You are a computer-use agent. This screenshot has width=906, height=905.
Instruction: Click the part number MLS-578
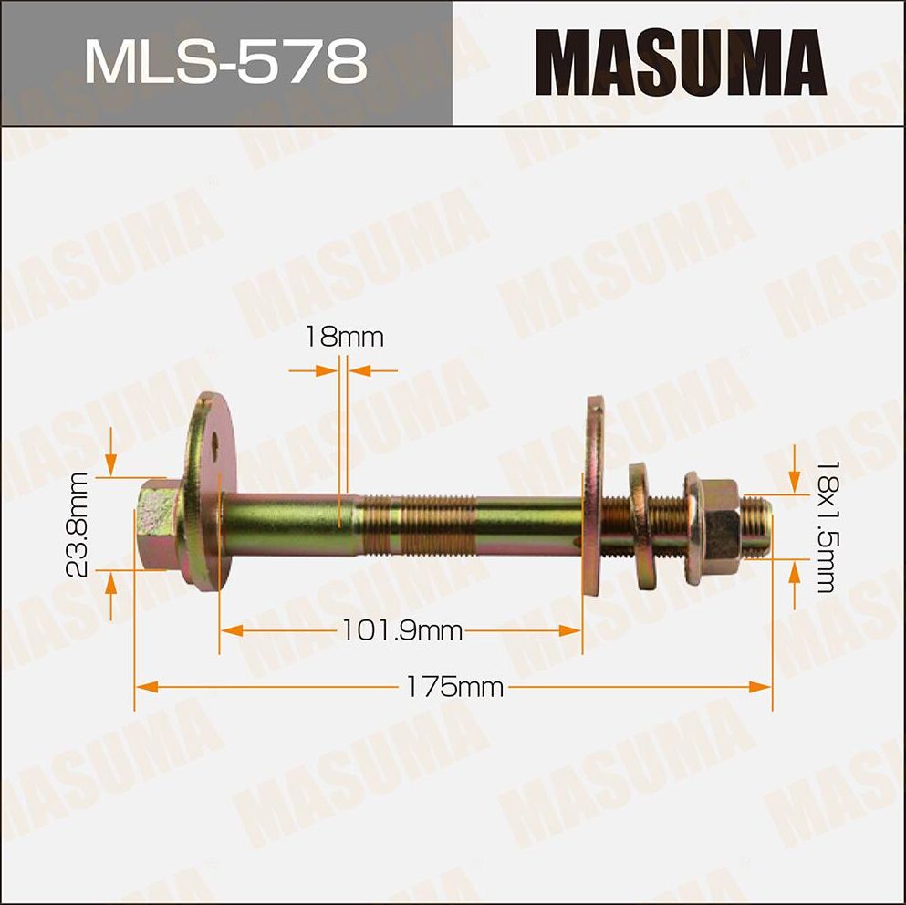(225, 62)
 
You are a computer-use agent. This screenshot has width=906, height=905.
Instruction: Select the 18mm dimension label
(344, 338)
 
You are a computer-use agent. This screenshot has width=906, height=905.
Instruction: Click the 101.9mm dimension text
(401, 629)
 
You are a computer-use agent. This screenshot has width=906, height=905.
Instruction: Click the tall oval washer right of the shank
(597, 511)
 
